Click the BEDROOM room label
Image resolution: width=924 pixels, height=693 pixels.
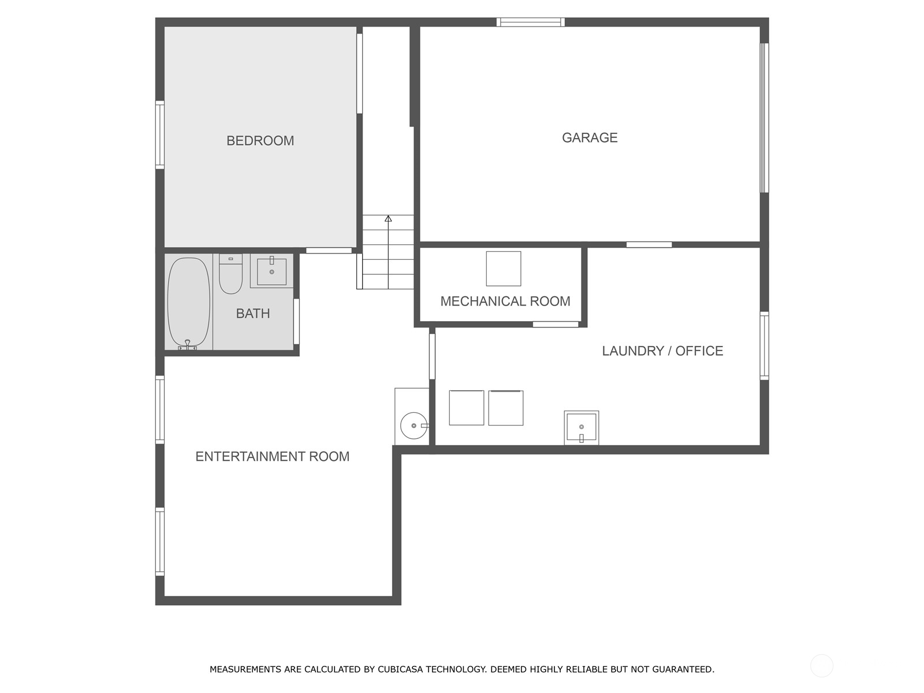pos(260,140)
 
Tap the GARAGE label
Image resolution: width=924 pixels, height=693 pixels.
pos(590,137)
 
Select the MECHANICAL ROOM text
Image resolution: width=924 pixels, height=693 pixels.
pos(505,301)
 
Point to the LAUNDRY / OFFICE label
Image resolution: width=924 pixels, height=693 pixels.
pos(662,351)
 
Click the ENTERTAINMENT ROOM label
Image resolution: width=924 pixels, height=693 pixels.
pos(273,457)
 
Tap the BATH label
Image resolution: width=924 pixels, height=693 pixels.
pos(252,314)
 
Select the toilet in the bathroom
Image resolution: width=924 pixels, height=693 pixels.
pos(230,274)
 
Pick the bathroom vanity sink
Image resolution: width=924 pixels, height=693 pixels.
pos(271,271)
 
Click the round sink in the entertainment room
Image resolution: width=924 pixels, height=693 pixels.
pos(413,426)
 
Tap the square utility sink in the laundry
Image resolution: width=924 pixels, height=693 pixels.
pos(582,427)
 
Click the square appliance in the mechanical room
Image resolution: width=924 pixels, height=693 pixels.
pos(504,269)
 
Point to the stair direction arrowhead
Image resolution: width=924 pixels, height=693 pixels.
pos(388,218)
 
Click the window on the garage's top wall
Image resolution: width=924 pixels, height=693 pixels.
pos(530,22)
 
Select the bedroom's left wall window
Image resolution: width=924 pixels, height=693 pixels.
pos(159,135)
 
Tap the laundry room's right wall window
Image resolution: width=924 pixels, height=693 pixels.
pos(765,346)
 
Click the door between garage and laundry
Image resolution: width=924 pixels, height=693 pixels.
pos(649,245)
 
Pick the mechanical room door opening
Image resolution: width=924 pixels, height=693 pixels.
pos(556,325)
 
